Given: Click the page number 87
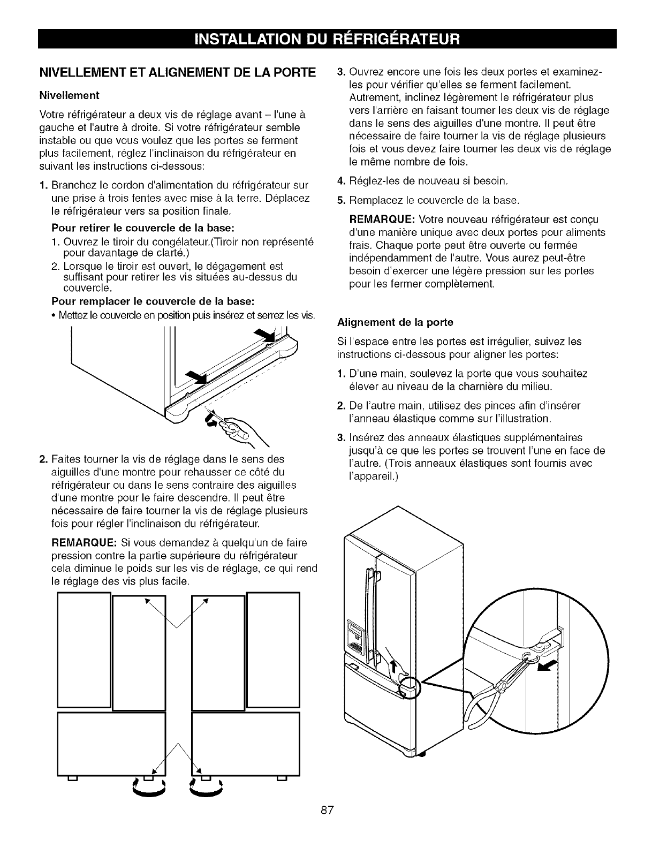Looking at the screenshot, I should point(327,824).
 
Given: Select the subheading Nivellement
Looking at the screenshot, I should point(69,95).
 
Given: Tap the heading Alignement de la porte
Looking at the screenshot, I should point(395,322).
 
